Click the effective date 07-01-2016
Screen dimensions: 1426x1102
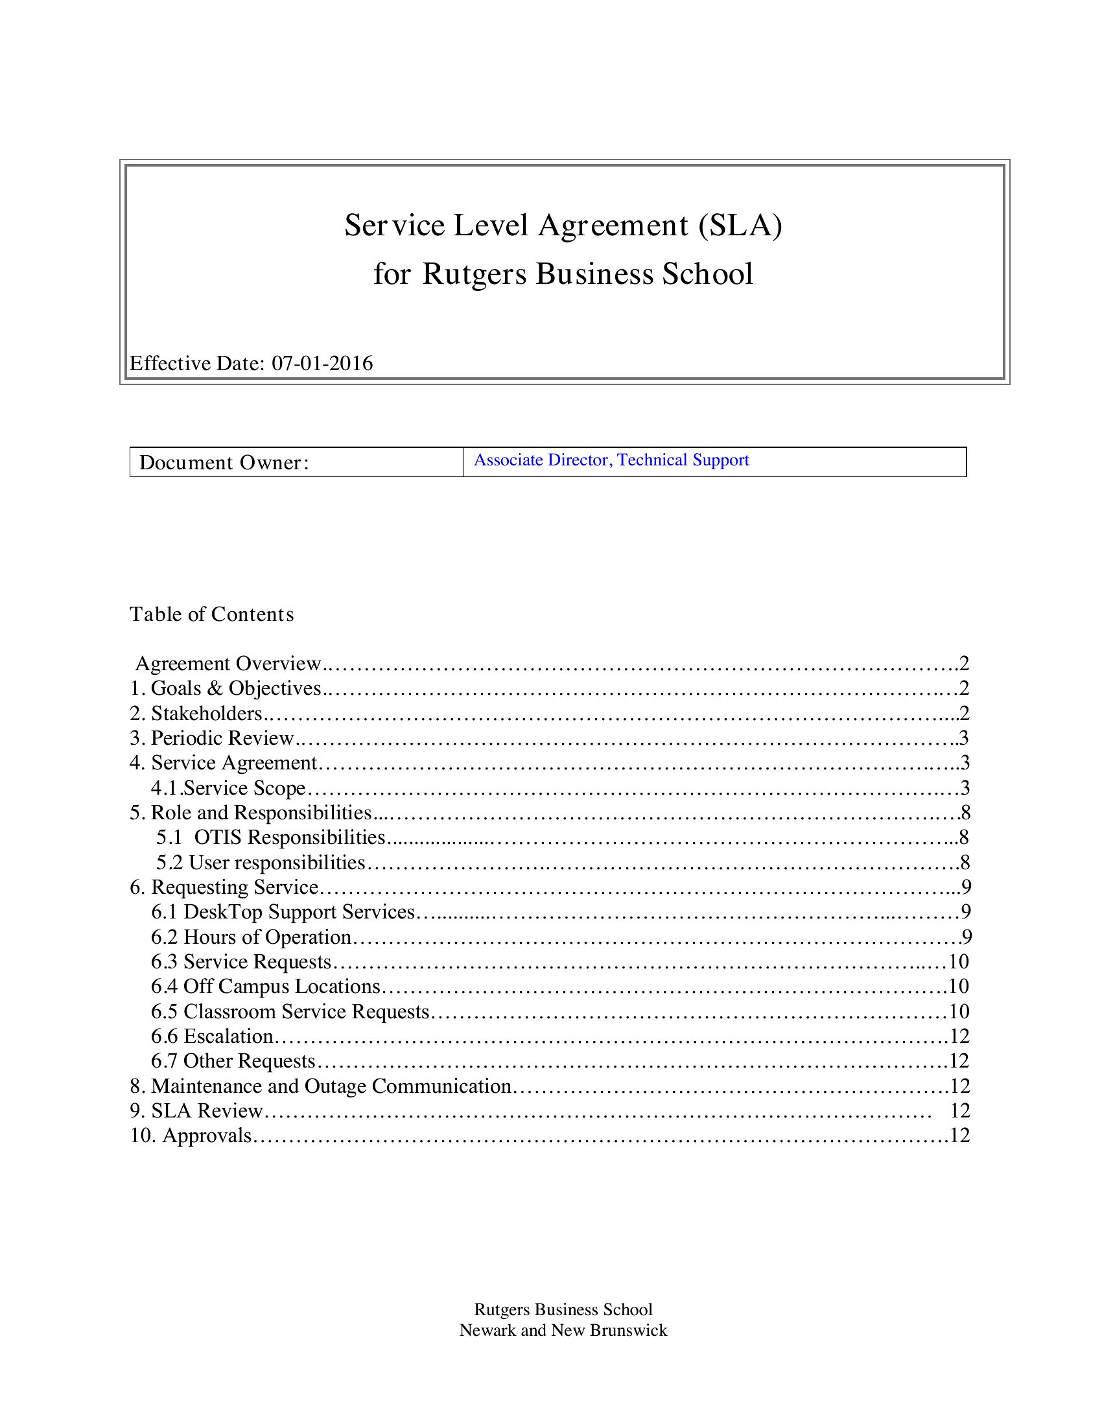(322, 363)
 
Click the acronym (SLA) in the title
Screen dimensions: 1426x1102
(740, 226)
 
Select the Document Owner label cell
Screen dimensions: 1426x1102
(296, 462)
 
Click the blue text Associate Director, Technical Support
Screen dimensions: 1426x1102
(611, 460)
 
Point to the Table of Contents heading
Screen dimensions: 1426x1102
(211, 614)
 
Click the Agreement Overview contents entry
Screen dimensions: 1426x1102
(228, 663)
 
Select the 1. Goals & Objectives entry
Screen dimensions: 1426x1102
(226, 688)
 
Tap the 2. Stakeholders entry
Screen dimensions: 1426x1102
(196, 713)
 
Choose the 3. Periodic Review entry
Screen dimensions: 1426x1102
(212, 738)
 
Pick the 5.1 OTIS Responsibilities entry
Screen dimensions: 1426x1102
(270, 837)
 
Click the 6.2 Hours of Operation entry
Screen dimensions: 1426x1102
(252, 937)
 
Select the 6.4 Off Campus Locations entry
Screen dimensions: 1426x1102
(266, 986)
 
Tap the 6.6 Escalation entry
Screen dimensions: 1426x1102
(212, 1036)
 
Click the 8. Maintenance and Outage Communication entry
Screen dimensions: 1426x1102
(321, 1086)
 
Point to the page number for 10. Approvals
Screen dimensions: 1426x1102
(959, 1136)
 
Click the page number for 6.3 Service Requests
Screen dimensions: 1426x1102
(958, 962)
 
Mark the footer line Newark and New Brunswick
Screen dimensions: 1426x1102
(563, 1330)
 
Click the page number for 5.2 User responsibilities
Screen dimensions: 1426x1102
(965, 863)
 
